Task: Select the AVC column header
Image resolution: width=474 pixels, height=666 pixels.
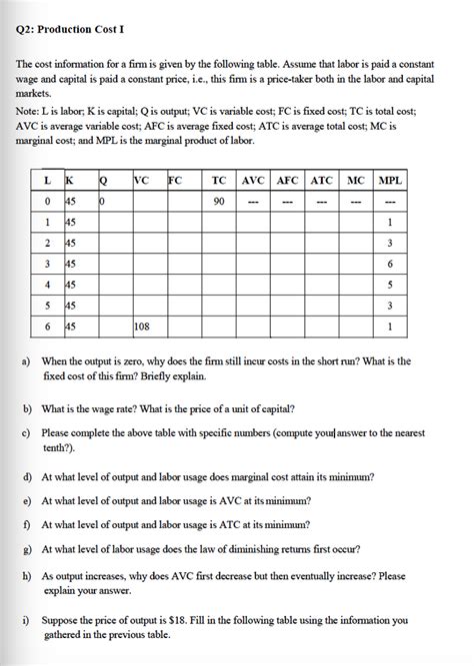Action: pyautogui.click(x=252, y=181)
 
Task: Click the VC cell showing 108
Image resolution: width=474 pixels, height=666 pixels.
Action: pyautogui.click(x=142, y=325)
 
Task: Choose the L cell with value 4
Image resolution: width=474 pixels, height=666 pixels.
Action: pyautogui.click(x=48, y=284)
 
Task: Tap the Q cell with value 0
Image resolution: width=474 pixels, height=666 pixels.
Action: pyautogui.click(x=102, y=201)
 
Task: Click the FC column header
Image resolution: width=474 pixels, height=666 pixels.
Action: pyautogui.click(x=175, y=181)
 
